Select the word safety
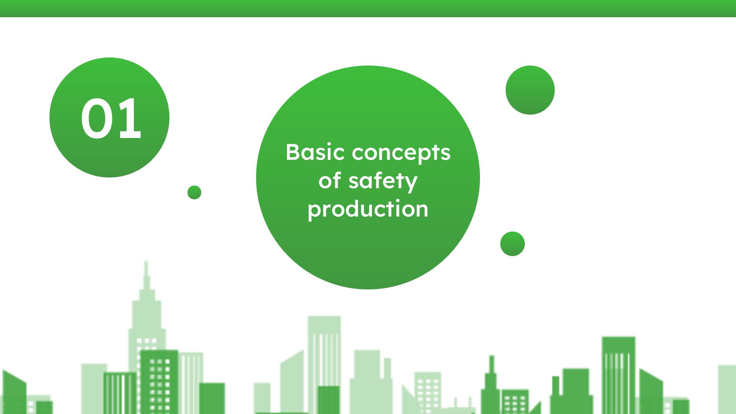(383, 181)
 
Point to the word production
(368, 210)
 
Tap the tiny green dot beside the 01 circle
(194, 192)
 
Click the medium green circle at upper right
(530, 90)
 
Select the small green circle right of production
(513, 244)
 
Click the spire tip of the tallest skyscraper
(146, 262)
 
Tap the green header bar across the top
(368, 8)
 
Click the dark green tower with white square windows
(159, 381)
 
